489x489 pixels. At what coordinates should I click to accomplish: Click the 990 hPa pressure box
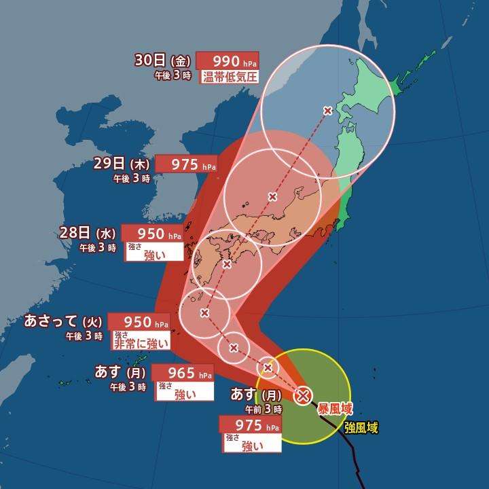pos(226,60)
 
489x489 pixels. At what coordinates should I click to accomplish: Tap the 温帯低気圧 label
pos(230,77)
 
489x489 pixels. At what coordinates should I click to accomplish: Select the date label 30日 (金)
pos(164,60)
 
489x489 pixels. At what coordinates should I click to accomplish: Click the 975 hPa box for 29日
pos(186,164)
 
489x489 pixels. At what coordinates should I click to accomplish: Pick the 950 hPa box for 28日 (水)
pos(152,234)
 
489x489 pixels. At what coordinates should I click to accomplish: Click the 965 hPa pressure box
pos(183,373)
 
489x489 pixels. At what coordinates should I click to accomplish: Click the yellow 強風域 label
pos(361,427)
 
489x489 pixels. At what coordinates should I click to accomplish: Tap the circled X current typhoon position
pos(303,394)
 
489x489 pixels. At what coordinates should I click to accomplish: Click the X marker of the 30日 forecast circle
pos(328,110)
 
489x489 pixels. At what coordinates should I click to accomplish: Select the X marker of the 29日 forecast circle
pos(272,197)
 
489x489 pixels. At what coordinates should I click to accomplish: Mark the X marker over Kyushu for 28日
pos(227,264)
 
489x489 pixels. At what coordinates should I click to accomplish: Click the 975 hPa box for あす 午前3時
pos(250,425)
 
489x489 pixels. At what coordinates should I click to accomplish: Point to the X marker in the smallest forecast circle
pos(268,367)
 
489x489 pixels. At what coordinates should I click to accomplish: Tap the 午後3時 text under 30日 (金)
pos(173,75)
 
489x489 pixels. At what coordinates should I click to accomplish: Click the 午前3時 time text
pos(264,410)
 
